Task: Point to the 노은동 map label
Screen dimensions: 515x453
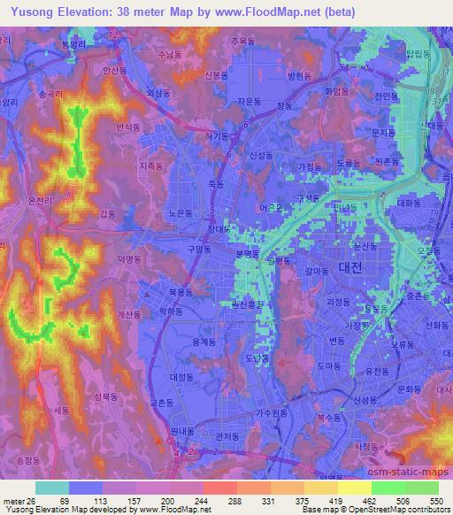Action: (x=180, y=213)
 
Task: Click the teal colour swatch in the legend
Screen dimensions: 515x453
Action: (x=52, y=488)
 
